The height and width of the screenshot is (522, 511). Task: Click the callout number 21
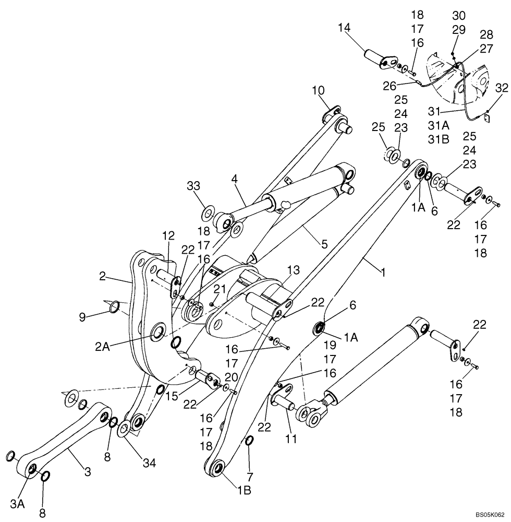218,289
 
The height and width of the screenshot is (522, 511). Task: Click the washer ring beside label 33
209,213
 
